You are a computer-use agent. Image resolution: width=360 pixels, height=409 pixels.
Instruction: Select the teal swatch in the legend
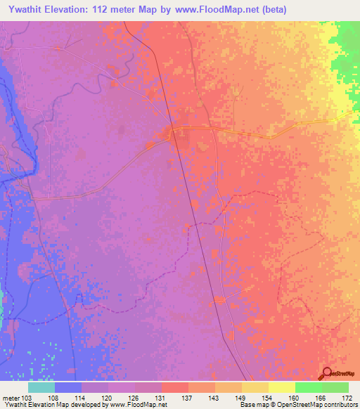click(x=41, y=387)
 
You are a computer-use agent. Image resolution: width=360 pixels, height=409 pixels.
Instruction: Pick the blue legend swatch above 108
click(x=68, y=387)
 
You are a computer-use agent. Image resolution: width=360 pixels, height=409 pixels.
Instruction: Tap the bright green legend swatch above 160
click(x=309, y=387)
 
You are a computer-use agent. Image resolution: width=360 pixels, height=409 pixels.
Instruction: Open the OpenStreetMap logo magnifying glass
click(x=328, y=373)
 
